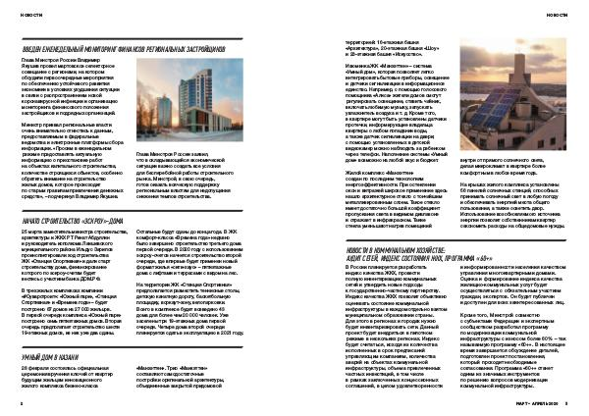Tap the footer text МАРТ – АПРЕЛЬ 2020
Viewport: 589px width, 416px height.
click(536, 401)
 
